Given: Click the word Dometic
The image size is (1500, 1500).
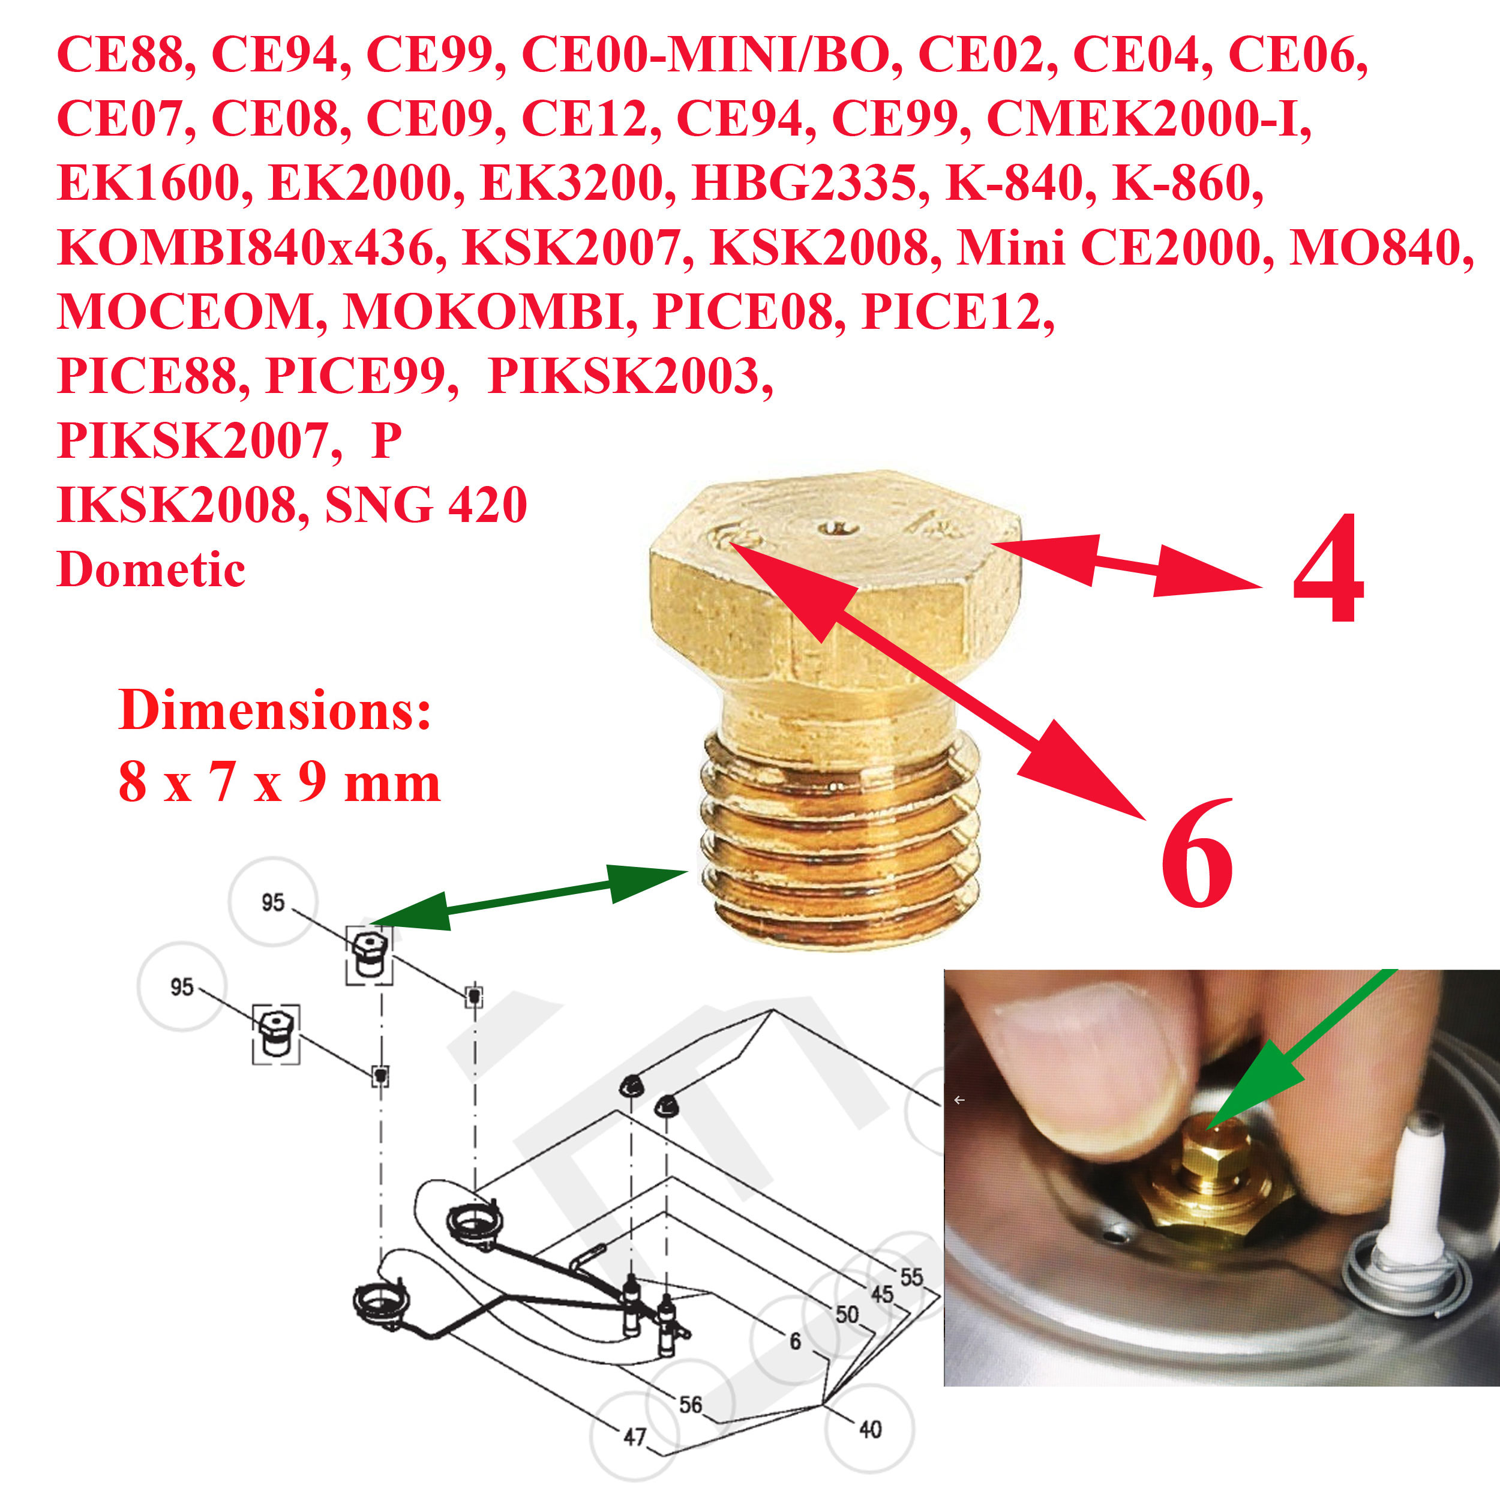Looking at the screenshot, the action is (151, 569).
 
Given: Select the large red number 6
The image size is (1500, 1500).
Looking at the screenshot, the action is (1196, 853).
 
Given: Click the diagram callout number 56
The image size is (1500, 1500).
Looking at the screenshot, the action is (690, 1404).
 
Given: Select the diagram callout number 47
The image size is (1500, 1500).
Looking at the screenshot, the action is (634, 1436).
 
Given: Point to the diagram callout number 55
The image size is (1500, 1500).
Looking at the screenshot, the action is (912, 1277).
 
